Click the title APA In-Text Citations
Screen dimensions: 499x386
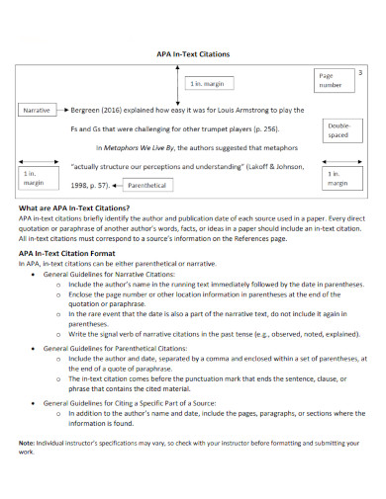(x=192, y=55)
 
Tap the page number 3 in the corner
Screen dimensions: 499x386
(x=359, y=74)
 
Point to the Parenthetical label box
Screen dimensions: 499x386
(x=146, y=185)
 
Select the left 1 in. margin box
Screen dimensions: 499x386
(x=33, y=178)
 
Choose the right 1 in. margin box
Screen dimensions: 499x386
(x=338, y=178)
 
